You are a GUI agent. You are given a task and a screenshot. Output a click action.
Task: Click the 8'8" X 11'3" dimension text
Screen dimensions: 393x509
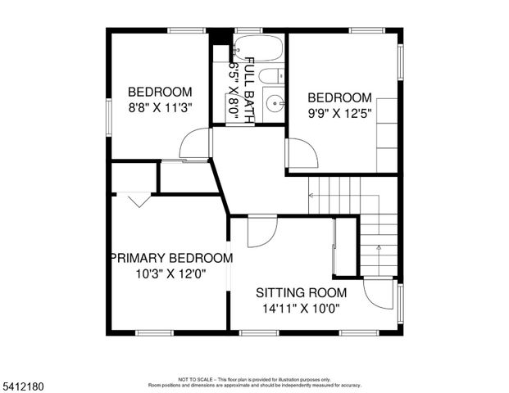click(x=160, y=106)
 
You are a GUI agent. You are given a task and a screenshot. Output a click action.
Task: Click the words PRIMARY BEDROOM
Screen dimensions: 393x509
click(x=171, y=258)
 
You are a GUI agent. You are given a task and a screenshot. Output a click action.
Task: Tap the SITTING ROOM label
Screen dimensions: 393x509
click(x=301, y=292)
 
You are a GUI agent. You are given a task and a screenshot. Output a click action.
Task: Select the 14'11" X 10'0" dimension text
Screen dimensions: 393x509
click(x=300, y=309)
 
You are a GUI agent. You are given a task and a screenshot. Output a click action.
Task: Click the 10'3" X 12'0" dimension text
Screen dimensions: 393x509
click(x=170, y=274)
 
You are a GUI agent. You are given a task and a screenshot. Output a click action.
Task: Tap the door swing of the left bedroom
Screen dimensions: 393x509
click(x=197, y=146)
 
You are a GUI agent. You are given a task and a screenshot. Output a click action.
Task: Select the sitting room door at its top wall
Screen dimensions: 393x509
click(x=261, y=231)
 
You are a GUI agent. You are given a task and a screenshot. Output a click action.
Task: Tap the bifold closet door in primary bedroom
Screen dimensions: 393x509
click(x=134, y=199)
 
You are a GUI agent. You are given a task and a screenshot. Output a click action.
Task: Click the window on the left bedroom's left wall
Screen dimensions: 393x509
click(x=109, y=112)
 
